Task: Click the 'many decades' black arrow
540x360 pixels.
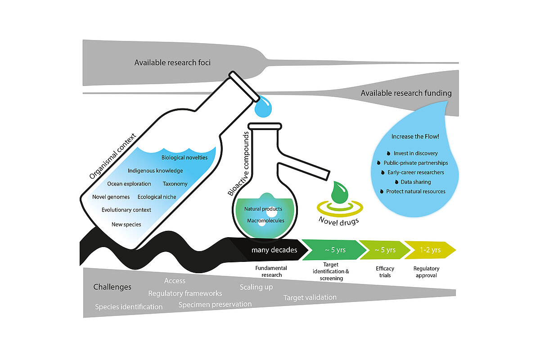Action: tap(274, 250)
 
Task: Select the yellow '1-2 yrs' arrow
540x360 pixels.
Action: tap(430, 250)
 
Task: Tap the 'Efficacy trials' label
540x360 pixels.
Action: tap(385, 271)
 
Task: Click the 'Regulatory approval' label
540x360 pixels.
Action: tap(426, 271)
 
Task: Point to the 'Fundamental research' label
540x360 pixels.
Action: tap(271, 271)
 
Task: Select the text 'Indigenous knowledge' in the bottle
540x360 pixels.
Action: tap(155, 171)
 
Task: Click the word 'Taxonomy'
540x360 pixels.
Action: tap(175, 184)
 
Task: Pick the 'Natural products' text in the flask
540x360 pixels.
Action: tap(263, 209)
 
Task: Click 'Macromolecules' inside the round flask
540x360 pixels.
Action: tap(265, 220)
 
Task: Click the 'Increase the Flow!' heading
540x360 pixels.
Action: tap(413, 136)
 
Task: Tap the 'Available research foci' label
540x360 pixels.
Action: tap(172, 63)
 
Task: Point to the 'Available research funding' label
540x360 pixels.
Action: tap(406, 93)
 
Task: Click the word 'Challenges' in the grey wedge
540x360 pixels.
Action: tap(112, 287)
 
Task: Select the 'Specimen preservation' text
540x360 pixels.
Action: tap(215, 304)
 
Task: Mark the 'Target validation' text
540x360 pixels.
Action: tap(310, 297)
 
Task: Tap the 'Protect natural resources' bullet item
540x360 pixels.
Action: tap(416, 191)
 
